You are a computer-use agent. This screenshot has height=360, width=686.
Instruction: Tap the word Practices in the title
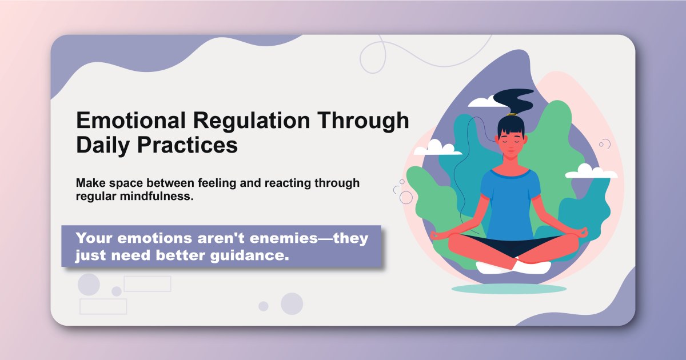pos(188,145)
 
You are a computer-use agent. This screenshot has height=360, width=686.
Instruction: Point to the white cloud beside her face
pos(437,148)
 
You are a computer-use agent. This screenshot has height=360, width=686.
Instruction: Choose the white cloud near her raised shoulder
pos(584,171)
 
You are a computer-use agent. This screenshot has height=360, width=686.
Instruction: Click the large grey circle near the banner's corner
pos(89,284)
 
